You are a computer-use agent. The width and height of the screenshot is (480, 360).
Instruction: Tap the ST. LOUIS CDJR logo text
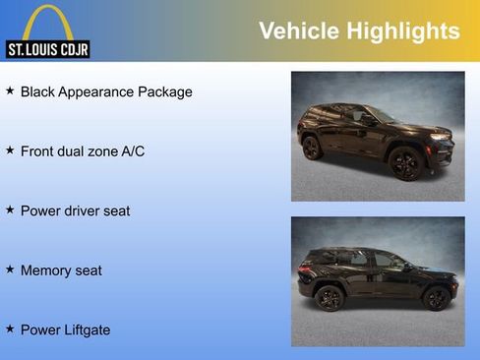(x=47, y=49)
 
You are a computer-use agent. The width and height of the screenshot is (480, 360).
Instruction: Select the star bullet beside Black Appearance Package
(x=10, y=90)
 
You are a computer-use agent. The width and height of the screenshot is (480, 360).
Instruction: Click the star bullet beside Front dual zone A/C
(x=10, y=150)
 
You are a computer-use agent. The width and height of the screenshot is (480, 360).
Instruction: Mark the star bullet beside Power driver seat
(x=10, y=210)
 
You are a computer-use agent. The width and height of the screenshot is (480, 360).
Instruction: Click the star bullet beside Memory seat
(x=10, y=269)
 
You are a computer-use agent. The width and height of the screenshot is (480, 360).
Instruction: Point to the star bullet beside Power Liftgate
(x=10, y=329)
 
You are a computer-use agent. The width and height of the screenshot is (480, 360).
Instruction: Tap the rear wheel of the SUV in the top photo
(x=312, y=148)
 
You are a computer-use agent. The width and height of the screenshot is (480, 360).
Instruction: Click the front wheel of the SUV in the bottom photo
(x=435, y=297)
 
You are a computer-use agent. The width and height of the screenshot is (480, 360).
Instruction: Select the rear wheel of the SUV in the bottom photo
(x=330, y=297)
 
